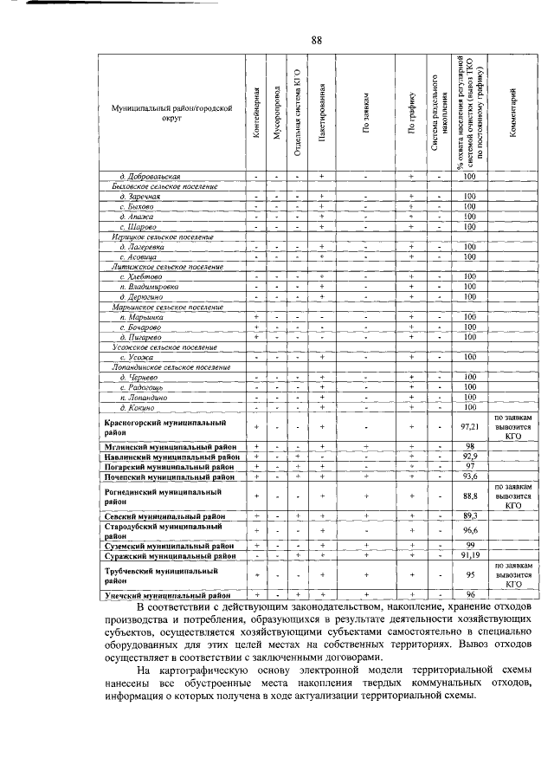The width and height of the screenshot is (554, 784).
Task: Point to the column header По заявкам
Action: click(x=366, y=113)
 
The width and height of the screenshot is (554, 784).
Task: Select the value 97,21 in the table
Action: click(x=470, y=427)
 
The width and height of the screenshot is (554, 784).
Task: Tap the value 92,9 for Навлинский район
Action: click(x=470, y=455)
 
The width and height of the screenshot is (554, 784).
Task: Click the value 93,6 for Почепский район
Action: click(x=470, y=476)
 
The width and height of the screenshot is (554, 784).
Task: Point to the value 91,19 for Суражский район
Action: click(x=470, y=555)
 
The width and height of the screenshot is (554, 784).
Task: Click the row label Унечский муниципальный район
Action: click(x=167, y=596)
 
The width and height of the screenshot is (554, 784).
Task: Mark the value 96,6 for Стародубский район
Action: click(x=470, y=530)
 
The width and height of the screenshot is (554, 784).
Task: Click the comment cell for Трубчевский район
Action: click(x=512, y=575)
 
